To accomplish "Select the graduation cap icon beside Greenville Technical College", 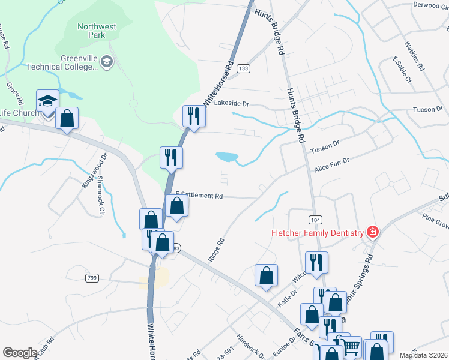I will [x=107, y=62].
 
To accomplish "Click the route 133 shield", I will [x=243, y=69].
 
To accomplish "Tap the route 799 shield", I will [x=92, y=277].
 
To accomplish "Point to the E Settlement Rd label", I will [x=199, y=196].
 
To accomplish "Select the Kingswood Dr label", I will [x=95, y=170].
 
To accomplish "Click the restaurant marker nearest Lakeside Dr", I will [x=193, y=116].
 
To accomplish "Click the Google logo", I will [x=20, y=353].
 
